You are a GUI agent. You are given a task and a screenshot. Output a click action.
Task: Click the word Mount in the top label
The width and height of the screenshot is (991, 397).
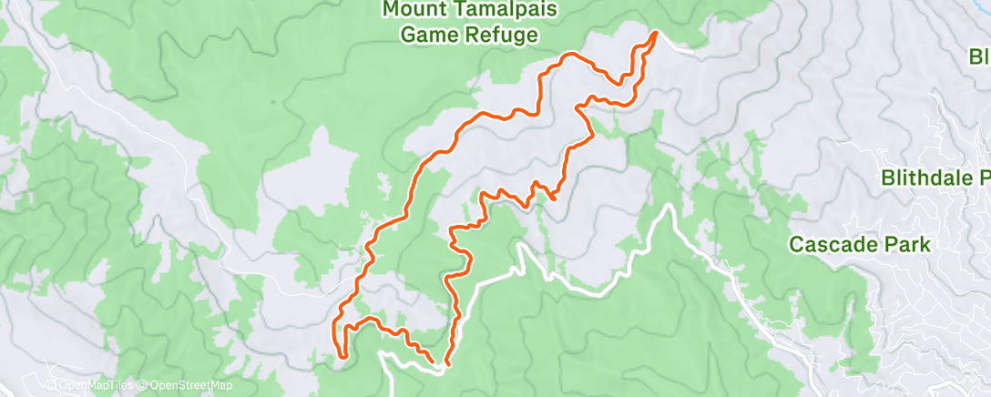(414, 9)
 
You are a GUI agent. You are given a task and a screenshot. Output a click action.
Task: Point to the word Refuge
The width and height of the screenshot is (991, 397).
(501, 35)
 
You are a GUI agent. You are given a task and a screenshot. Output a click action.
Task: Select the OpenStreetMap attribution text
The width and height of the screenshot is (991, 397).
(180, 386)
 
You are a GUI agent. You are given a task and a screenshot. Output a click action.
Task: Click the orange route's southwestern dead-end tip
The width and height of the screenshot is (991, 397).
(342, 356)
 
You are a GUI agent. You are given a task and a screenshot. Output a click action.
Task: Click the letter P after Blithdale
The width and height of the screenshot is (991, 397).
(982, 177)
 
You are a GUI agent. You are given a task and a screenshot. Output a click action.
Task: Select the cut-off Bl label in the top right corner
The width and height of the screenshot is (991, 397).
(979, 57)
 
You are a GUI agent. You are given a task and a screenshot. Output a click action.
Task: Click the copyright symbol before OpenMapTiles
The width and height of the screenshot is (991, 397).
(54, 386)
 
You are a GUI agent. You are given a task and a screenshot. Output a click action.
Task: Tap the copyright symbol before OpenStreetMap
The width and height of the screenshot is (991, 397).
(144, 386)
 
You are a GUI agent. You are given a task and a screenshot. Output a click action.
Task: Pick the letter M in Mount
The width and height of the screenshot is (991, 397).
(391, 9)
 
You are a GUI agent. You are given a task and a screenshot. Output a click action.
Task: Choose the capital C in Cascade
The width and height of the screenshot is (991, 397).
(796, 244)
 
